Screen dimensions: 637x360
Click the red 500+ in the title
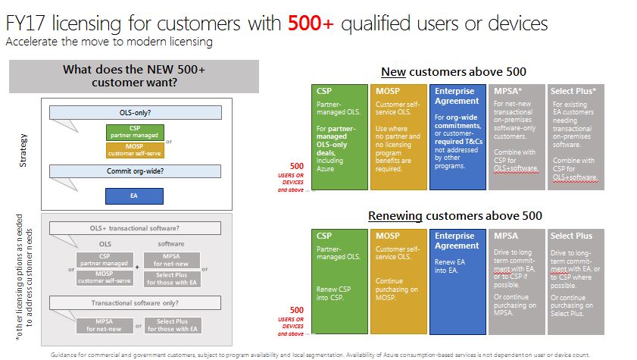point(311,23)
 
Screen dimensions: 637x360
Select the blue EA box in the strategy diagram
point(135,196)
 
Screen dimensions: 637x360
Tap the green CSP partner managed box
point(135,132)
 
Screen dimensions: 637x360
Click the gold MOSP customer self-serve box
point(135,150)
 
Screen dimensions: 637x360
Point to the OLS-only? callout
point(136,113)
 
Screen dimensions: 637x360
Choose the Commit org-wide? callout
point(136,171)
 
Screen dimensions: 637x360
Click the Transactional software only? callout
point(136,302)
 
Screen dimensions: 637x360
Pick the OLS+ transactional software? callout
point(136,228)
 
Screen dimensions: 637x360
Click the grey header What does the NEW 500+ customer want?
point(134,77)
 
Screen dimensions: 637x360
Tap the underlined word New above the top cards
point(393,72)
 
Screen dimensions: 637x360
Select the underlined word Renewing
point(395,216)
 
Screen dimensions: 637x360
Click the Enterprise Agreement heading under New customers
point(457,96)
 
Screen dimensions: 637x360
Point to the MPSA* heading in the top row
point(507,92)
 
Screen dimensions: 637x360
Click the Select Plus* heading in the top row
point(573,92)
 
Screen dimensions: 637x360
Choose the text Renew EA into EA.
point(450,266)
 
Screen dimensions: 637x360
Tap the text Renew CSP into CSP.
point(333,293)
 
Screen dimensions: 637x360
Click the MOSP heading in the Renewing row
point(388,236)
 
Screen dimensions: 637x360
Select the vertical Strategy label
point(23,150)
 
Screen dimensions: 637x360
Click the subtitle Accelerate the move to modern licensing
point(109,42)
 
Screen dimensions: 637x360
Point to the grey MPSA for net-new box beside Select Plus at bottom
point(105,325)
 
